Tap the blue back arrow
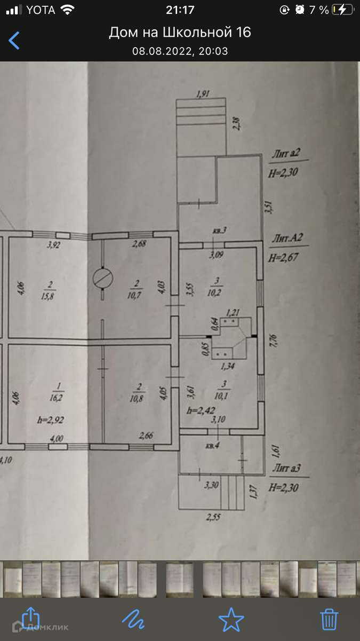click(x=14, y=40)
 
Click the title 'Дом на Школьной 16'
click(x=180, y=33)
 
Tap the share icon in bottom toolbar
click(x=30, y=619)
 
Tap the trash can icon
click(x=329, y=619)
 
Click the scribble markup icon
click(x=133, y=619)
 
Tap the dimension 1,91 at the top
click(x=202, y=94)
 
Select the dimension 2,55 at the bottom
click(x=215, y=517)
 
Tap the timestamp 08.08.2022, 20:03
click(x=180, y=51)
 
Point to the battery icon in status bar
click(x=342, y=10)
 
